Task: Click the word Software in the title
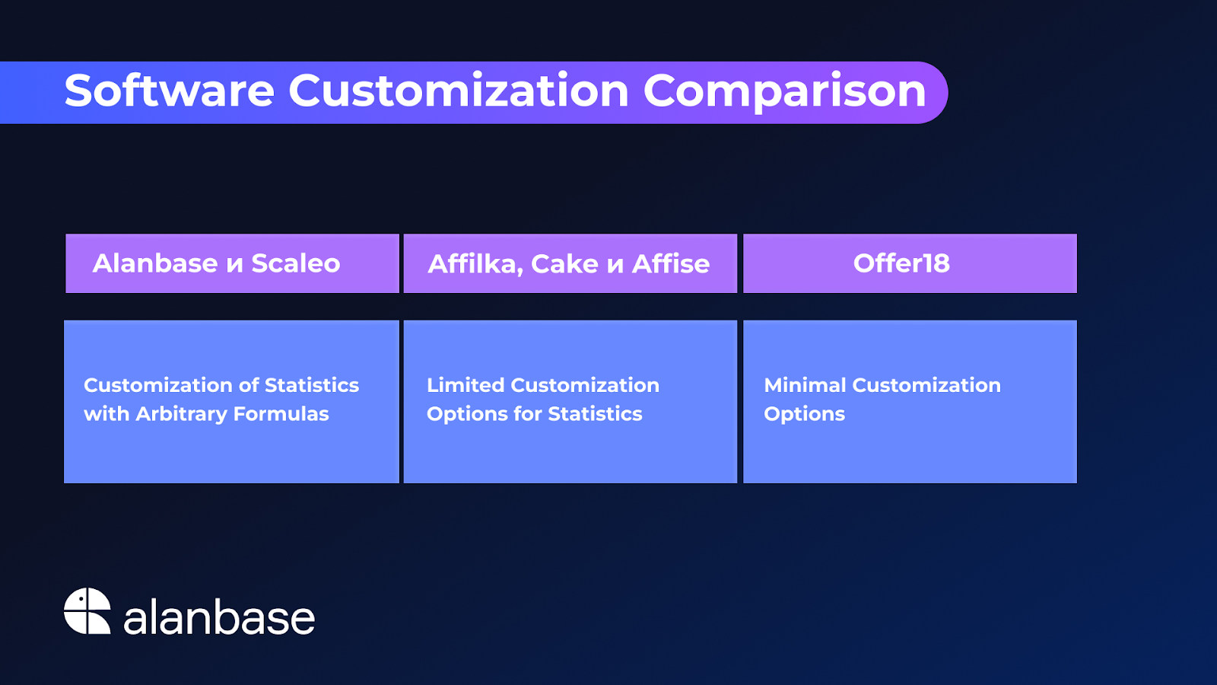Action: (170, 91)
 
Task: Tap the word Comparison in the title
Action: (784, 91)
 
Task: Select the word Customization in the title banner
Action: (459, 91)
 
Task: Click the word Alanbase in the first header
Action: (155, 263)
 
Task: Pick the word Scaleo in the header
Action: (296, 263)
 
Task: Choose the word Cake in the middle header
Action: (564, 263)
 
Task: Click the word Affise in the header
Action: (671, 263)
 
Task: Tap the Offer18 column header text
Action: (901, 263)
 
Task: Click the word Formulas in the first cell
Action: (281, 414)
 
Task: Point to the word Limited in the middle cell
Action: (466, 385)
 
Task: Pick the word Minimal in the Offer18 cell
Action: (805, 385)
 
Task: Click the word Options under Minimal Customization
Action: (805, 414)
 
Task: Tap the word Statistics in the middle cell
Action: (595, 414)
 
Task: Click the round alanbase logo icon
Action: (87, 610)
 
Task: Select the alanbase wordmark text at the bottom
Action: (220, 616)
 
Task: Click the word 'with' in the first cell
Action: (106, 414)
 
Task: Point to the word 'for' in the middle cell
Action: (528, 414)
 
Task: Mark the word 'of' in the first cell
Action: (248, 385)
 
